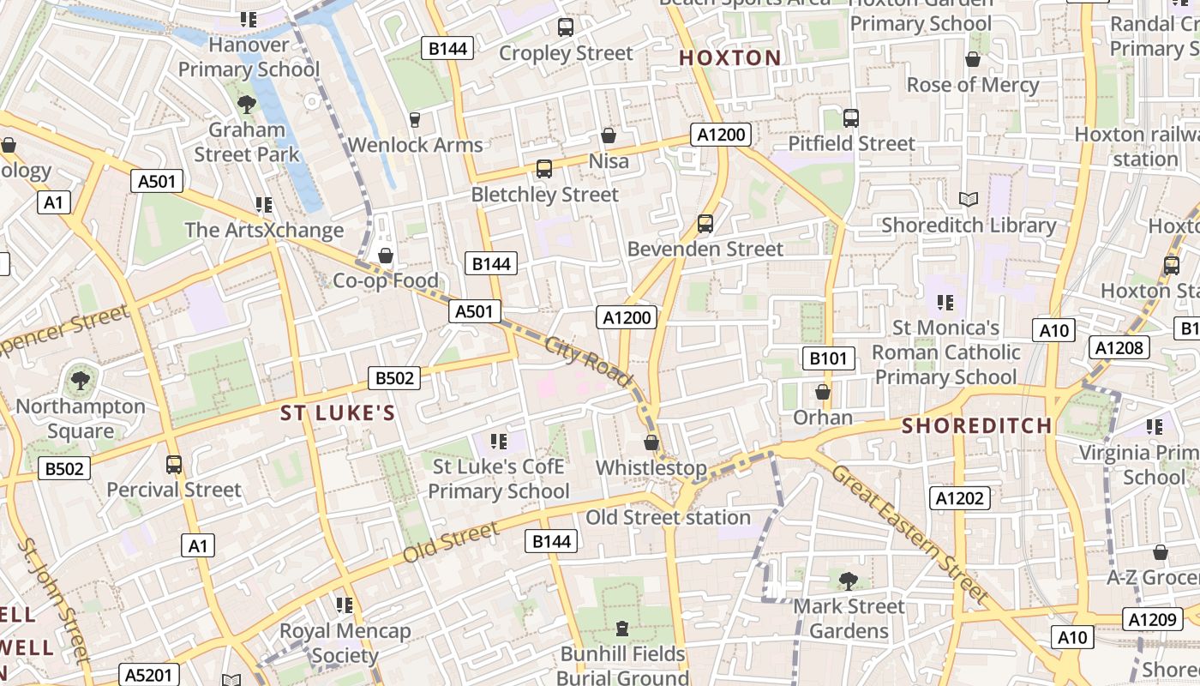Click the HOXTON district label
(730, 58)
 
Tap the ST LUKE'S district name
(339, 413)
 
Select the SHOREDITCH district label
(976, 425)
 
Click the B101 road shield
(828, 358)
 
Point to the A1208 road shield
(1119, 347)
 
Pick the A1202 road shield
(960, 498)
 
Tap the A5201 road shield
(147, 675)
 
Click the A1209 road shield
(1151, 619)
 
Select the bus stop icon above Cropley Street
(566, 27)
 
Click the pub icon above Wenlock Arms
(416, 119)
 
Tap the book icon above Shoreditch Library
(969, 200)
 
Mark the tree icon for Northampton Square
(81, 380)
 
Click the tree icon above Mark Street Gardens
(849, 581)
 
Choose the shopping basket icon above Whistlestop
(651, 442)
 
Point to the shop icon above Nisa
(609, 135)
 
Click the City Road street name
(588, 360)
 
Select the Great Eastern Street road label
(910, 533)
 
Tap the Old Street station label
(668, 518)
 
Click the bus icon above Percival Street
(174, 465)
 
